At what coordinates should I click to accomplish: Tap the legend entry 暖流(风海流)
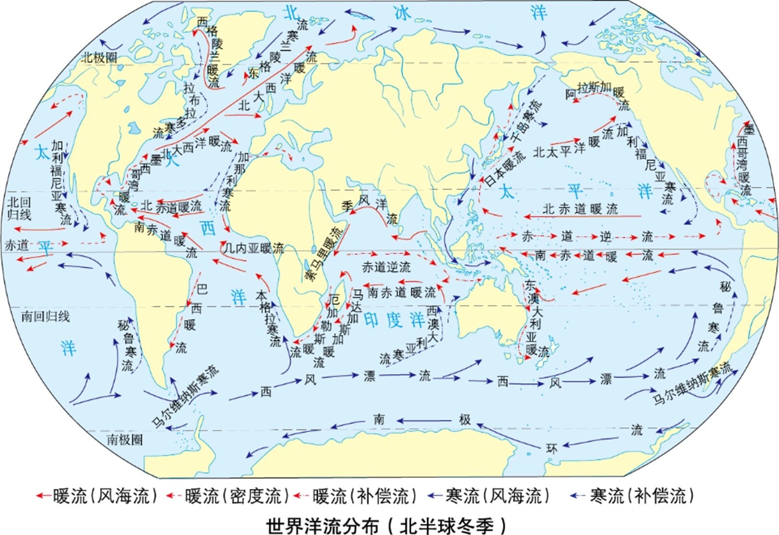(x=98, y=496)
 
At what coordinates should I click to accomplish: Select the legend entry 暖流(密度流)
(x=228, y=496)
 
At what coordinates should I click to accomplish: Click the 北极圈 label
(x=98, y=58)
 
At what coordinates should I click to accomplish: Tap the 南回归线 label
(x=46, y=316)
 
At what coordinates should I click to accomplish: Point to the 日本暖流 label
(x=504, y=168)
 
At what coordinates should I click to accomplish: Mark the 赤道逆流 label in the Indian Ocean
(x=386, y=267)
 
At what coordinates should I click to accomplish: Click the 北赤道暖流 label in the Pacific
(x=580, y=209)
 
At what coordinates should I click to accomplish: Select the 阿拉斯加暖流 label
(x=595, y=91)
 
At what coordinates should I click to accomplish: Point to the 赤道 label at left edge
(x=17, y=244)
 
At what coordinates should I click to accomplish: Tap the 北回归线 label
(x=19, y=207)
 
